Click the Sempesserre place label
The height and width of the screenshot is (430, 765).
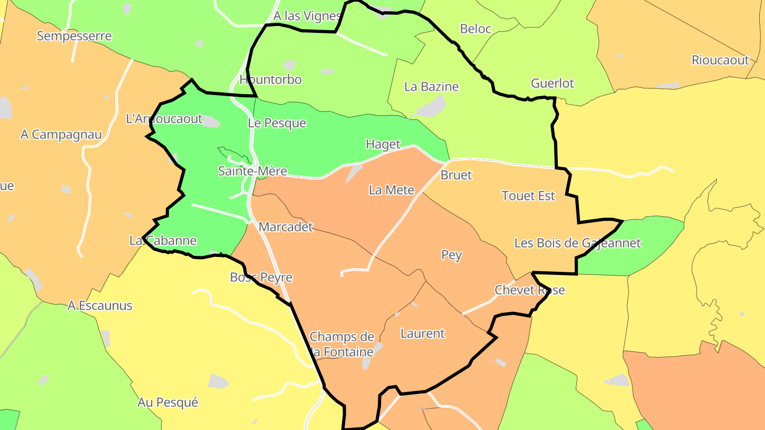[74, 36]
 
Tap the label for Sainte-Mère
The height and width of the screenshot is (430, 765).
[252, 171]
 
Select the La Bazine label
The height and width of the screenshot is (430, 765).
[431, 87]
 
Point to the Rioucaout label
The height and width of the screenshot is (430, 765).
[720, 60]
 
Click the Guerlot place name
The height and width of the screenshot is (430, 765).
[552, 83]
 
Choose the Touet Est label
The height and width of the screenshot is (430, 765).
[528, 196]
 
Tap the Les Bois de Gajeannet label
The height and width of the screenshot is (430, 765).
[577, 243]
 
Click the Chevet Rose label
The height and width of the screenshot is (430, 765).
[530, 290]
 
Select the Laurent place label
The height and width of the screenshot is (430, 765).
[422, 333]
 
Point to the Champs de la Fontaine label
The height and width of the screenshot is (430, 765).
[342, 343]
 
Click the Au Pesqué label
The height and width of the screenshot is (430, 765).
[167, 402]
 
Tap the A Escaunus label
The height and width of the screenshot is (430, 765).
[100, 306]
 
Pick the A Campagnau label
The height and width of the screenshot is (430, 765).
[61, 134]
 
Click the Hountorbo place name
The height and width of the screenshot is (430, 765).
[270, 80]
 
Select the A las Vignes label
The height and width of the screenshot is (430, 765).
[307, 16]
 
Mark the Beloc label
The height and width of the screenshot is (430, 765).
[475, 29]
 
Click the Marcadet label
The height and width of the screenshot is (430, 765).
[286, 227]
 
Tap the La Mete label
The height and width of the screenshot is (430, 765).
[392, 190]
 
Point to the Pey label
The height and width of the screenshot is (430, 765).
[452, 255]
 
